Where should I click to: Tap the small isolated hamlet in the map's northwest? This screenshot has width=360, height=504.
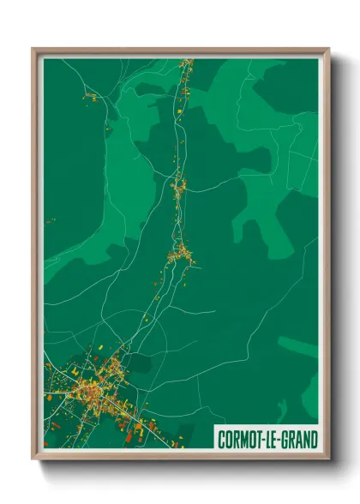pos(88,97)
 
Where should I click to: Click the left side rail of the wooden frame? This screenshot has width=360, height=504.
pos(37,257)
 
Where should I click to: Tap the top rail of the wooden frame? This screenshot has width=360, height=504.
pos(180,51)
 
